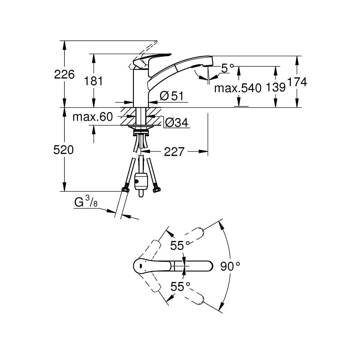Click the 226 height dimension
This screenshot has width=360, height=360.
coord(64,75)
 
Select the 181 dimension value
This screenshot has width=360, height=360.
coord(94,81)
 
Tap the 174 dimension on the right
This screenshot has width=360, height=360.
coord(297,82)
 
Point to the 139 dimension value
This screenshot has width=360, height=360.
coord(275,87)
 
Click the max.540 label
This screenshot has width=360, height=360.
coord(238,88)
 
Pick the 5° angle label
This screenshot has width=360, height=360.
coord(227,68)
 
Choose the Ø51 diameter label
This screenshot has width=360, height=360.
coord(172,96)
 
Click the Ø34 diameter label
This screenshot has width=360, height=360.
coord(177,123)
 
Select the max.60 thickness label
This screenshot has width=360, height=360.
coord(93,117)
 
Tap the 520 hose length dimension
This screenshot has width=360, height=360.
coord(63,150)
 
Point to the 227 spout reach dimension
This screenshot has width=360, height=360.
coord(175,152)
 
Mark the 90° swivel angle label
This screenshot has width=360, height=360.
coord(230,267)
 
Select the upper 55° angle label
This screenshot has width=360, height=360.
coord(180,246)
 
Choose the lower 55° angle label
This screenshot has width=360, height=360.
coord(180,287)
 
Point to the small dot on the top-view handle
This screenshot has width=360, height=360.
coord(140,266)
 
